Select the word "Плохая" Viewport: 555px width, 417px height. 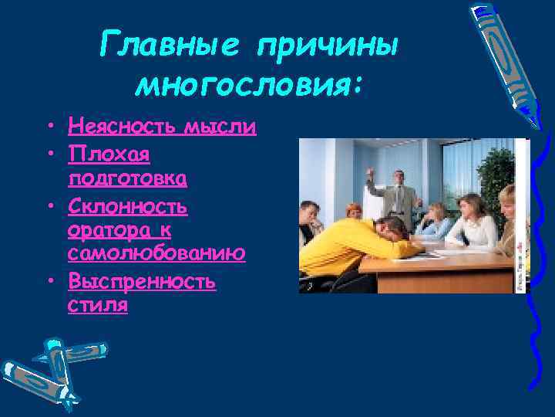point(109,152)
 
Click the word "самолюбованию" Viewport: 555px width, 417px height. point(156,253)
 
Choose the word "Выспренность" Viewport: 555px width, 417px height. point(142,281)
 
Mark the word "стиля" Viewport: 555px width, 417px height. point(98,305)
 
